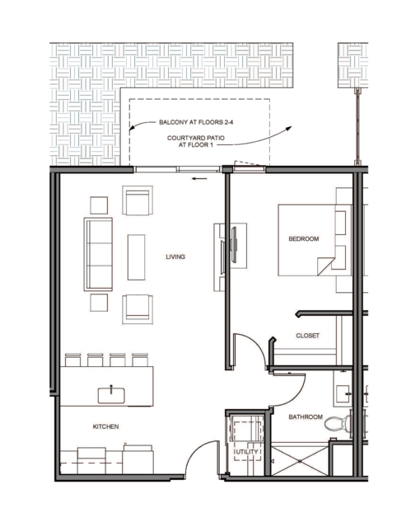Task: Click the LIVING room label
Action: click(175, 256)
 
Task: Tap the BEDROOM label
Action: click(304, 239)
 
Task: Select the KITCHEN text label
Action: click(105, 426)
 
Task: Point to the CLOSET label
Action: click(307, 336)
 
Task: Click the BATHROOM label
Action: click(306, 417)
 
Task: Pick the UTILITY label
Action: click(247, 452)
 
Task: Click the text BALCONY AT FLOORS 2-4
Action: click(196, 122)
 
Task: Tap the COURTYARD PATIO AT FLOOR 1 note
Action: click(196, 142)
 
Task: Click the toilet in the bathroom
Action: click(338, 423)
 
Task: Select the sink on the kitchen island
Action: click(111, 395)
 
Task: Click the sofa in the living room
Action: click(98, 254)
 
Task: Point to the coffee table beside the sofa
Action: click(137, 257)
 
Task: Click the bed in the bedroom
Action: click(315, 240)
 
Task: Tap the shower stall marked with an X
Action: click(300, 461)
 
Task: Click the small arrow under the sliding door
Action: click(199, 178)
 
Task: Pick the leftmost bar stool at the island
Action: click(72, 360)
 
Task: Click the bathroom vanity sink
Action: click(343, 393)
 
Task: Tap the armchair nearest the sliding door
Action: click(138, 200)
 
